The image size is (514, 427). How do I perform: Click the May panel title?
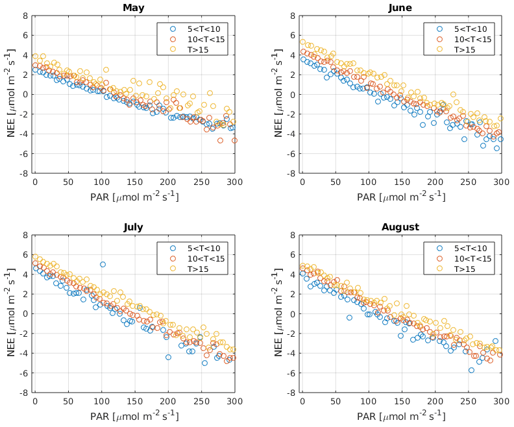(134, 8)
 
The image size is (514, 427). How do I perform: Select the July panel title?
(134, 227)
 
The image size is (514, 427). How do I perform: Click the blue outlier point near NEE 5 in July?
(103, 264)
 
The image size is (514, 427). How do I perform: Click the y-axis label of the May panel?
(11, 94)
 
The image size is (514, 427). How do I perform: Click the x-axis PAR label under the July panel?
(134, 415)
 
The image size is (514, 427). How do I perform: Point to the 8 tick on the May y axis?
(24, 15)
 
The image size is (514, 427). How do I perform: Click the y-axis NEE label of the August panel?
(278, 313)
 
